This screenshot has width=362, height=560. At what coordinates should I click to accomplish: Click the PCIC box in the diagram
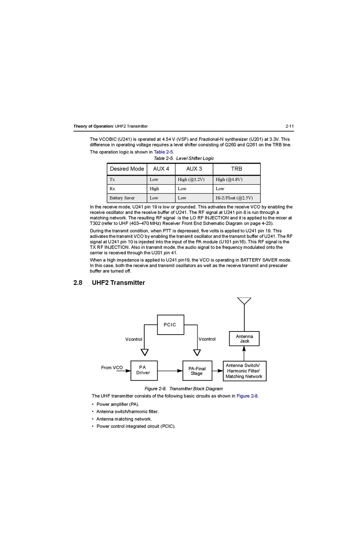(170, 325)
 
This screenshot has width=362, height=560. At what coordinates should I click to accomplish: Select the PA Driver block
(144, 370)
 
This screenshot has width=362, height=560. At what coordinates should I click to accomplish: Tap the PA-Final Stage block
(197, 371)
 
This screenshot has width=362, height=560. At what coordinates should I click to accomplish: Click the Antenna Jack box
(244, 339)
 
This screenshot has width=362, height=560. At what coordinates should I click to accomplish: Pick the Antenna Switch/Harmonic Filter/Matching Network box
(244, 371)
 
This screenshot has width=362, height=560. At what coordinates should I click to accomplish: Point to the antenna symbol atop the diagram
(244, 301)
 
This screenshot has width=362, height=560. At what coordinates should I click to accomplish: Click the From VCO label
(112, 368)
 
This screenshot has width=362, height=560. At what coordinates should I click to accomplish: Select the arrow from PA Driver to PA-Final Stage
(170, 371)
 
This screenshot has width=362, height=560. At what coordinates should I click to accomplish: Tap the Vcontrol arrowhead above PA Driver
(145, 352)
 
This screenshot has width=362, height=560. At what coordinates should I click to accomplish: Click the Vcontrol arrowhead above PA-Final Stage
(197, 352)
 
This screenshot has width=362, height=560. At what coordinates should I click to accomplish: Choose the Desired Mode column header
(127, 169)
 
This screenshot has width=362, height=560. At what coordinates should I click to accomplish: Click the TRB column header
(237, 169)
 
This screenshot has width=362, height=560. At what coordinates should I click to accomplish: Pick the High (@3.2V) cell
(191, 180)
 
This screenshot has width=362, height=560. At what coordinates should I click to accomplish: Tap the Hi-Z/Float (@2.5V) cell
(234, 198)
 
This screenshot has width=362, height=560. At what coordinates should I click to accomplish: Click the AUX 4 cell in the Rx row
(154, 189)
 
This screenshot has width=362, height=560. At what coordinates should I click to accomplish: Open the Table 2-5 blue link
(163, 152)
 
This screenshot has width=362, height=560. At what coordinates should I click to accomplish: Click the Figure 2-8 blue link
(247, 396)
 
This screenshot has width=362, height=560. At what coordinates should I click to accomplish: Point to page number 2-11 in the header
(289, 126)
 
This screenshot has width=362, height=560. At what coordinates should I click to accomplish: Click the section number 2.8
(78, 283)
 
